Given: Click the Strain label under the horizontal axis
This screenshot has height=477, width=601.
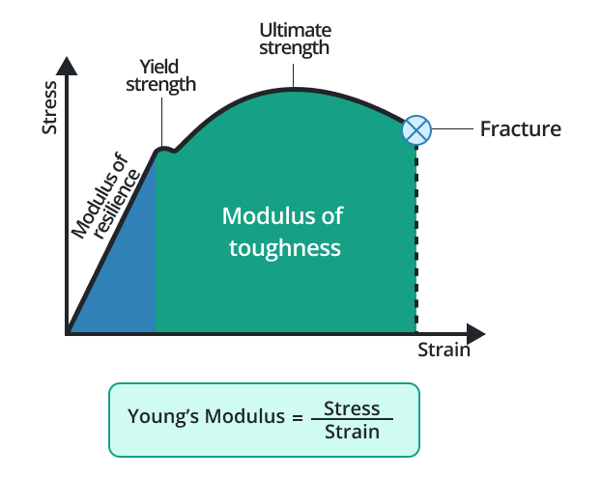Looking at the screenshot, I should click(x=444, y=350).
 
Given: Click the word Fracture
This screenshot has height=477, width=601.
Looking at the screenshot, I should click(x=520, y=129).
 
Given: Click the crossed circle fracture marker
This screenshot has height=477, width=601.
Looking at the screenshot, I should click(x=416, y=129).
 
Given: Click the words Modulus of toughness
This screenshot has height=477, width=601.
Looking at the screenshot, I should click(x=284, y=232).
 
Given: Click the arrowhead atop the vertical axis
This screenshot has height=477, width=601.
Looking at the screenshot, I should click(x=68, y=67).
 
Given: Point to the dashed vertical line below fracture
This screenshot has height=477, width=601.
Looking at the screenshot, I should click(x=416, y=241).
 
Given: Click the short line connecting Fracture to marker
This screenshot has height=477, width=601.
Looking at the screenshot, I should click(x=454, y=129).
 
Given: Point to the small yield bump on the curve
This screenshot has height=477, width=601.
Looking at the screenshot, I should click(x=165, y=149).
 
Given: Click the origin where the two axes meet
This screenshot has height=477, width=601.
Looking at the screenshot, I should click(x=68, y=334).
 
